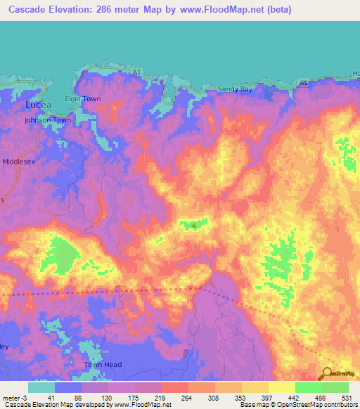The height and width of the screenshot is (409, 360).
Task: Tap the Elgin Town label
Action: click(x=83, y=99)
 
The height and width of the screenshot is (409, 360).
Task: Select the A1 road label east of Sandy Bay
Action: click(x=303, y=83)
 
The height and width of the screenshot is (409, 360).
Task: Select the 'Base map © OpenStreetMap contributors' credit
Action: click(x=298, y=405)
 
